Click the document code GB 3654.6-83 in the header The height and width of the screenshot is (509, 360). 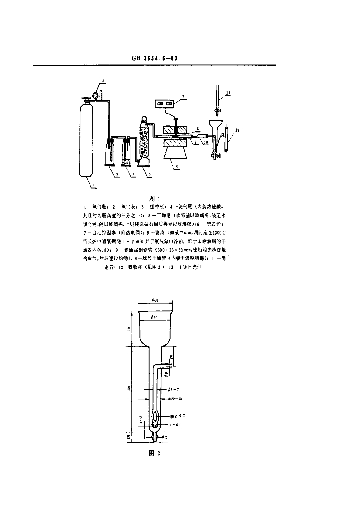155,58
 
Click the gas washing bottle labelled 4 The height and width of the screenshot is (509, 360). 126,152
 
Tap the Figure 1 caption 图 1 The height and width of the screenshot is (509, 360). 154,198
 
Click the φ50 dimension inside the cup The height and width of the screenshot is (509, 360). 154,317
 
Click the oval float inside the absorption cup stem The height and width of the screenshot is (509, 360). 156,415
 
